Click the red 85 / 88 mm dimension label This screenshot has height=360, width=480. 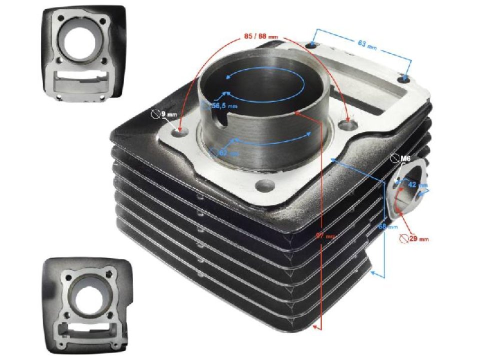261,37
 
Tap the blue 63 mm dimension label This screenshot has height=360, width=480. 367,44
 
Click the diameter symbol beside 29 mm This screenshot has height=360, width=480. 404,239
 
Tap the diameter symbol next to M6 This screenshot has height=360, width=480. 394,159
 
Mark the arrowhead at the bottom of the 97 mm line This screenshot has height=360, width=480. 316,327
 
